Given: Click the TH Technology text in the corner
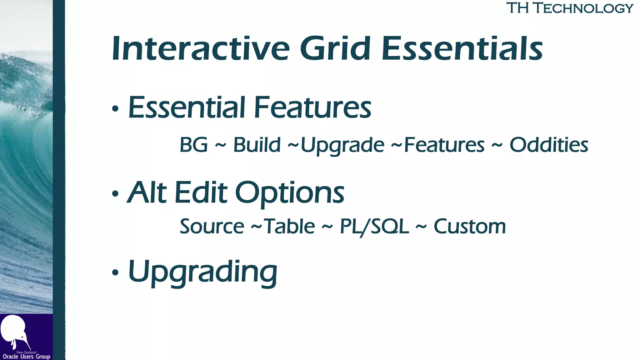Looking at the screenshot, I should point(569,8).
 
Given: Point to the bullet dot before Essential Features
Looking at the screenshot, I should point(115,109).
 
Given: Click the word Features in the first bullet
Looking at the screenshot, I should point(312,107).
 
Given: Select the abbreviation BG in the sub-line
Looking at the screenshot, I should point(194,145).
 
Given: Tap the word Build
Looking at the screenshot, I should point(257,145).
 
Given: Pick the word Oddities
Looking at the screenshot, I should point(549,145).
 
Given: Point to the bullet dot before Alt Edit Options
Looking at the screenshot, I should point(115,194).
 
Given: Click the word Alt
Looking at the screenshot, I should point(147,192).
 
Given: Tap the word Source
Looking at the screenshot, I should point(212,227).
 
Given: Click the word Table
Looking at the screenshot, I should point(290,227).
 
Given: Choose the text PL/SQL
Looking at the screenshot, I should point(374,227).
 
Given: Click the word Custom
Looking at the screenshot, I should point(469,227).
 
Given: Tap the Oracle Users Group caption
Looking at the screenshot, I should point(26,357).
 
